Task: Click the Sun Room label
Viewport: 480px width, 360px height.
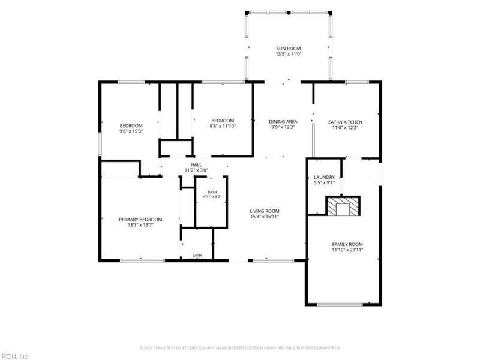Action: pyautogui.click(x=289, y=49)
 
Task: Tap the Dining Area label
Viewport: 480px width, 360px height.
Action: pyautogui.click(x=283, y=122)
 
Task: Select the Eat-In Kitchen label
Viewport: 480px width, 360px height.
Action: pyautogui.click(x=345, y=122)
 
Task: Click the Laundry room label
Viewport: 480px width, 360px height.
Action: pyautogui.click(x=324, y=177)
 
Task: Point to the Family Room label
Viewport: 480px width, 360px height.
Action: pyautogui.click(x=347, y=244)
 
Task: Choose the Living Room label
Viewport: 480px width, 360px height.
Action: pyautogui.click(x=265, y=211)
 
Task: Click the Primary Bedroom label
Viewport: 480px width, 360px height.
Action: pyautogui.click(x=140, y=220)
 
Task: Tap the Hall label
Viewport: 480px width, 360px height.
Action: pyautogui.click(x=196, y=164)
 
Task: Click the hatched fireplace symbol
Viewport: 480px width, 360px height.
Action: pyautogui.click(x=343, y=206)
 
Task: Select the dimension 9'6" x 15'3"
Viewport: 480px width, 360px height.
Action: pyautogui.click(x=131, y=131)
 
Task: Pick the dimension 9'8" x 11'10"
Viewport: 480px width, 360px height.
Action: pyautogui.click(x=223, y=126)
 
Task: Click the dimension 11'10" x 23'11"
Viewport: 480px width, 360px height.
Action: pyautogui.click(x=347, y=250)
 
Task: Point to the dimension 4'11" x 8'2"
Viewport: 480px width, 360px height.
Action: pyautogui.click(x=212, y=197)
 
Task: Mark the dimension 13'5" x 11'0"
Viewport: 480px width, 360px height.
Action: pyautogui.click(x=289, y=54)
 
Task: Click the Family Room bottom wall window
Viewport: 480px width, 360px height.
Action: pyautogui.click(x=340, y=304)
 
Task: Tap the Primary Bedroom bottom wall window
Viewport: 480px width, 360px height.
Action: pyautogui.click(x=142, y=260)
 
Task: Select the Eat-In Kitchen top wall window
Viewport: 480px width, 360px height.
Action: pyautogui.click(x=357, y=82)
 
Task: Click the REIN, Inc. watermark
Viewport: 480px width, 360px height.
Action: pyautogui.click(x=14, y=356)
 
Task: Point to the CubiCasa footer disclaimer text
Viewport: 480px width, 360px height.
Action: pyautogui.click(x=240, y=348)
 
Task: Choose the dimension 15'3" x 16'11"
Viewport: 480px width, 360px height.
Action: pyautogui.click(x=265, y=217)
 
